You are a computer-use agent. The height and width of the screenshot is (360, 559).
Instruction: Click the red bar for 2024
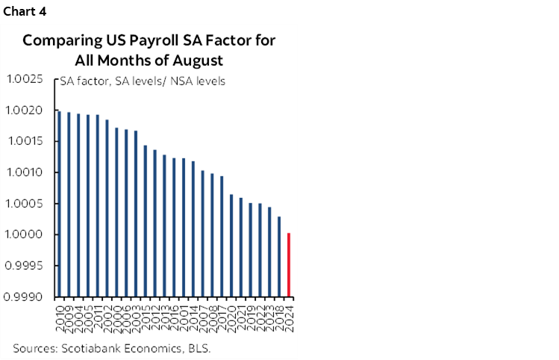click(x=288, y=264)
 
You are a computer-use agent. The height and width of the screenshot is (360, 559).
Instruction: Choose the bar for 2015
click(x=145, y=221)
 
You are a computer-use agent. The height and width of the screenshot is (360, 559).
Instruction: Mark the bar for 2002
click(x=107, y=208)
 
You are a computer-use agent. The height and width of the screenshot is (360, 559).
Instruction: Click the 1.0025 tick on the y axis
click(x=28, y=79)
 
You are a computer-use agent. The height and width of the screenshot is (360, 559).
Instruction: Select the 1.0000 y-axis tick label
click(x=28, y=235)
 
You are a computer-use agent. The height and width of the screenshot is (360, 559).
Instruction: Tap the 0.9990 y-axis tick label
click(x=28, y=297)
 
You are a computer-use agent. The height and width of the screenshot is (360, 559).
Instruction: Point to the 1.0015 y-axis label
click(x=28, y=142)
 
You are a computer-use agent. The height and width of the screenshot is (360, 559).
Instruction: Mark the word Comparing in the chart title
click(x=55, y=41)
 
